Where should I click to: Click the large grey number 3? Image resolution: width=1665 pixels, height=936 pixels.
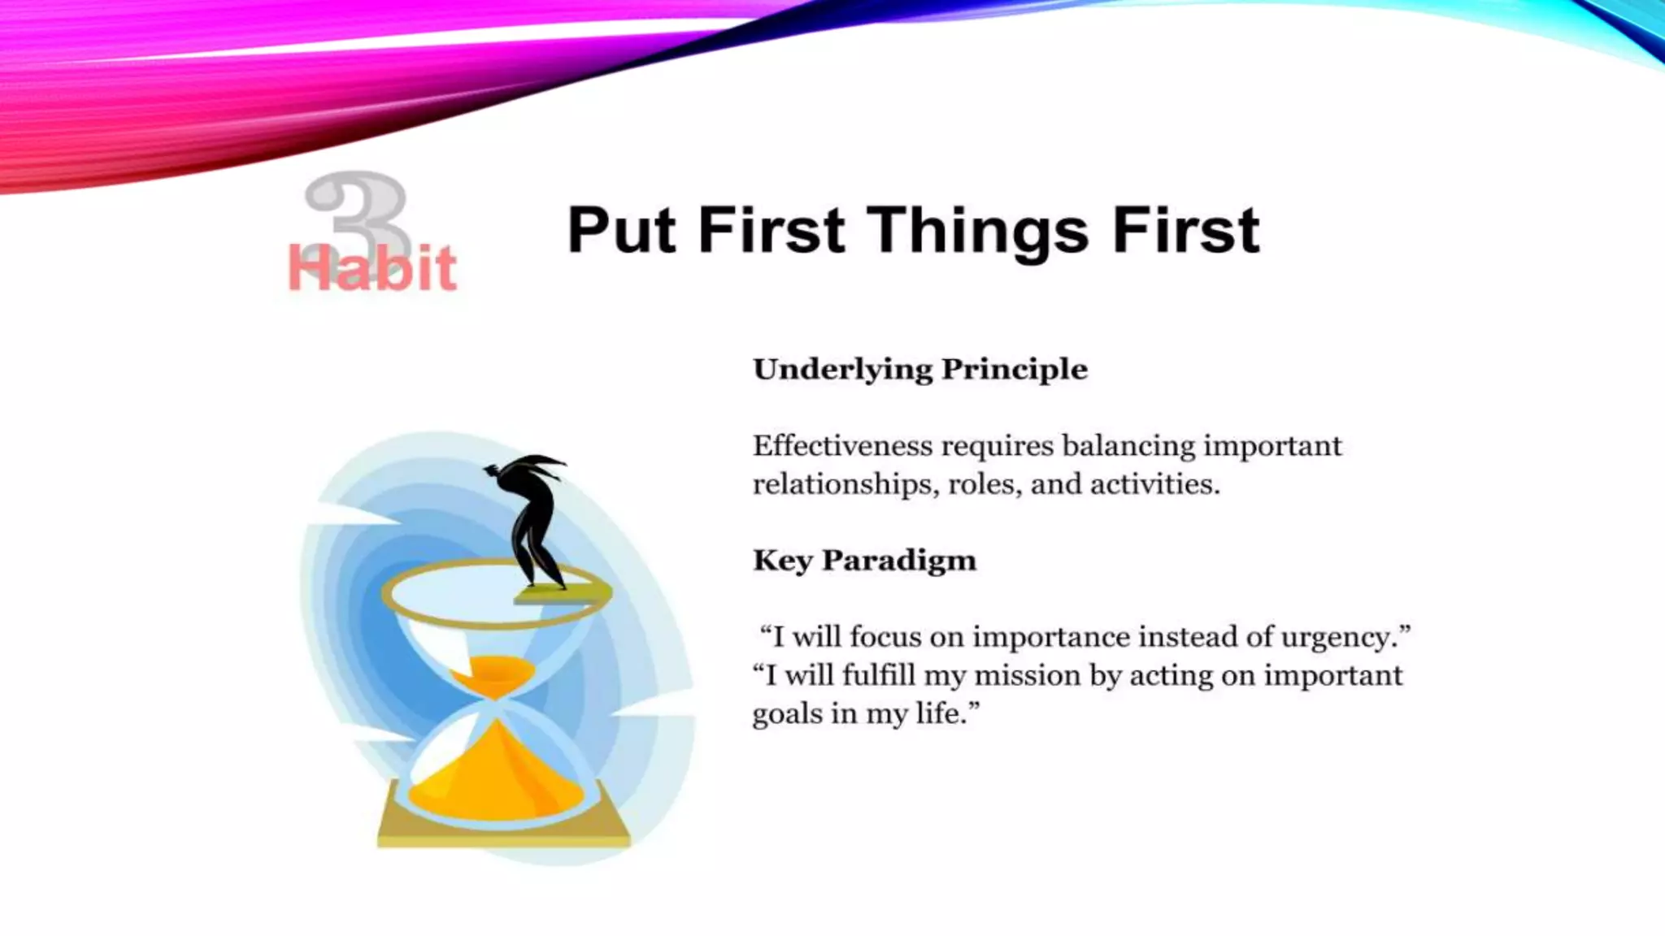pos(358,207)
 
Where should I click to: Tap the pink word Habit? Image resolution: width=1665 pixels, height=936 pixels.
pos(372,269)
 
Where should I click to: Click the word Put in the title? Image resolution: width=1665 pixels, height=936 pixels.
pos(620,232)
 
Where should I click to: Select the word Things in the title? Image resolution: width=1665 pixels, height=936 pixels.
pos(979,232)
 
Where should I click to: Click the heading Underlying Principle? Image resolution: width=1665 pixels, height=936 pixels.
pos(919,370)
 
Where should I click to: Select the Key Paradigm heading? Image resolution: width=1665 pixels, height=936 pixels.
pos(864,561)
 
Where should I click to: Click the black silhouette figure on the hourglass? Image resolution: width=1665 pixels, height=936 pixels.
pos(533,520)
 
